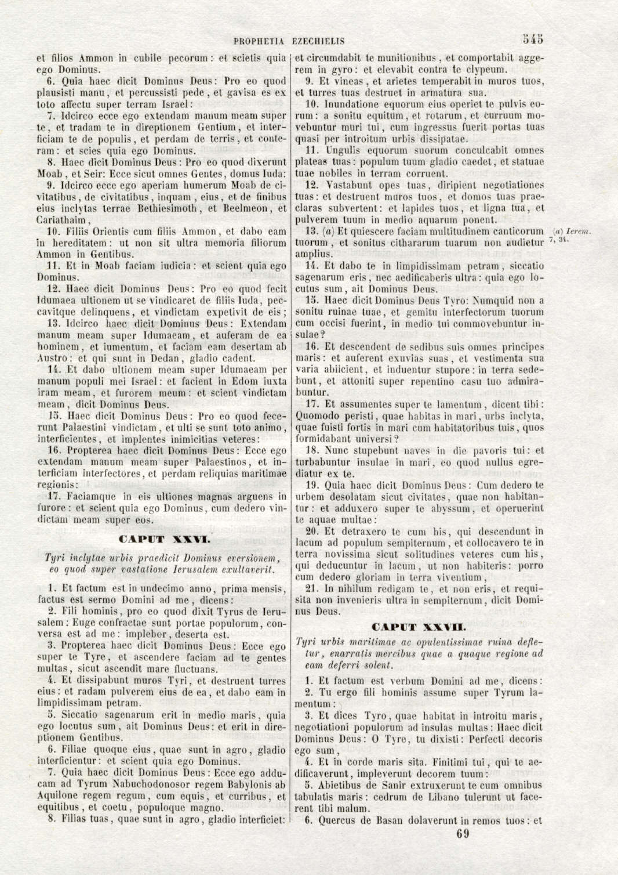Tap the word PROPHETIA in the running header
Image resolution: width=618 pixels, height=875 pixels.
coord(259,41)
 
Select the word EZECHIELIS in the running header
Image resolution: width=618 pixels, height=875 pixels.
coord(318,41)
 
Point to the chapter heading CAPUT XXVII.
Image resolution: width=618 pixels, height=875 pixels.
coord(418,627)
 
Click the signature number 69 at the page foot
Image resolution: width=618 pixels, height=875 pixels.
coord(463,834)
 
